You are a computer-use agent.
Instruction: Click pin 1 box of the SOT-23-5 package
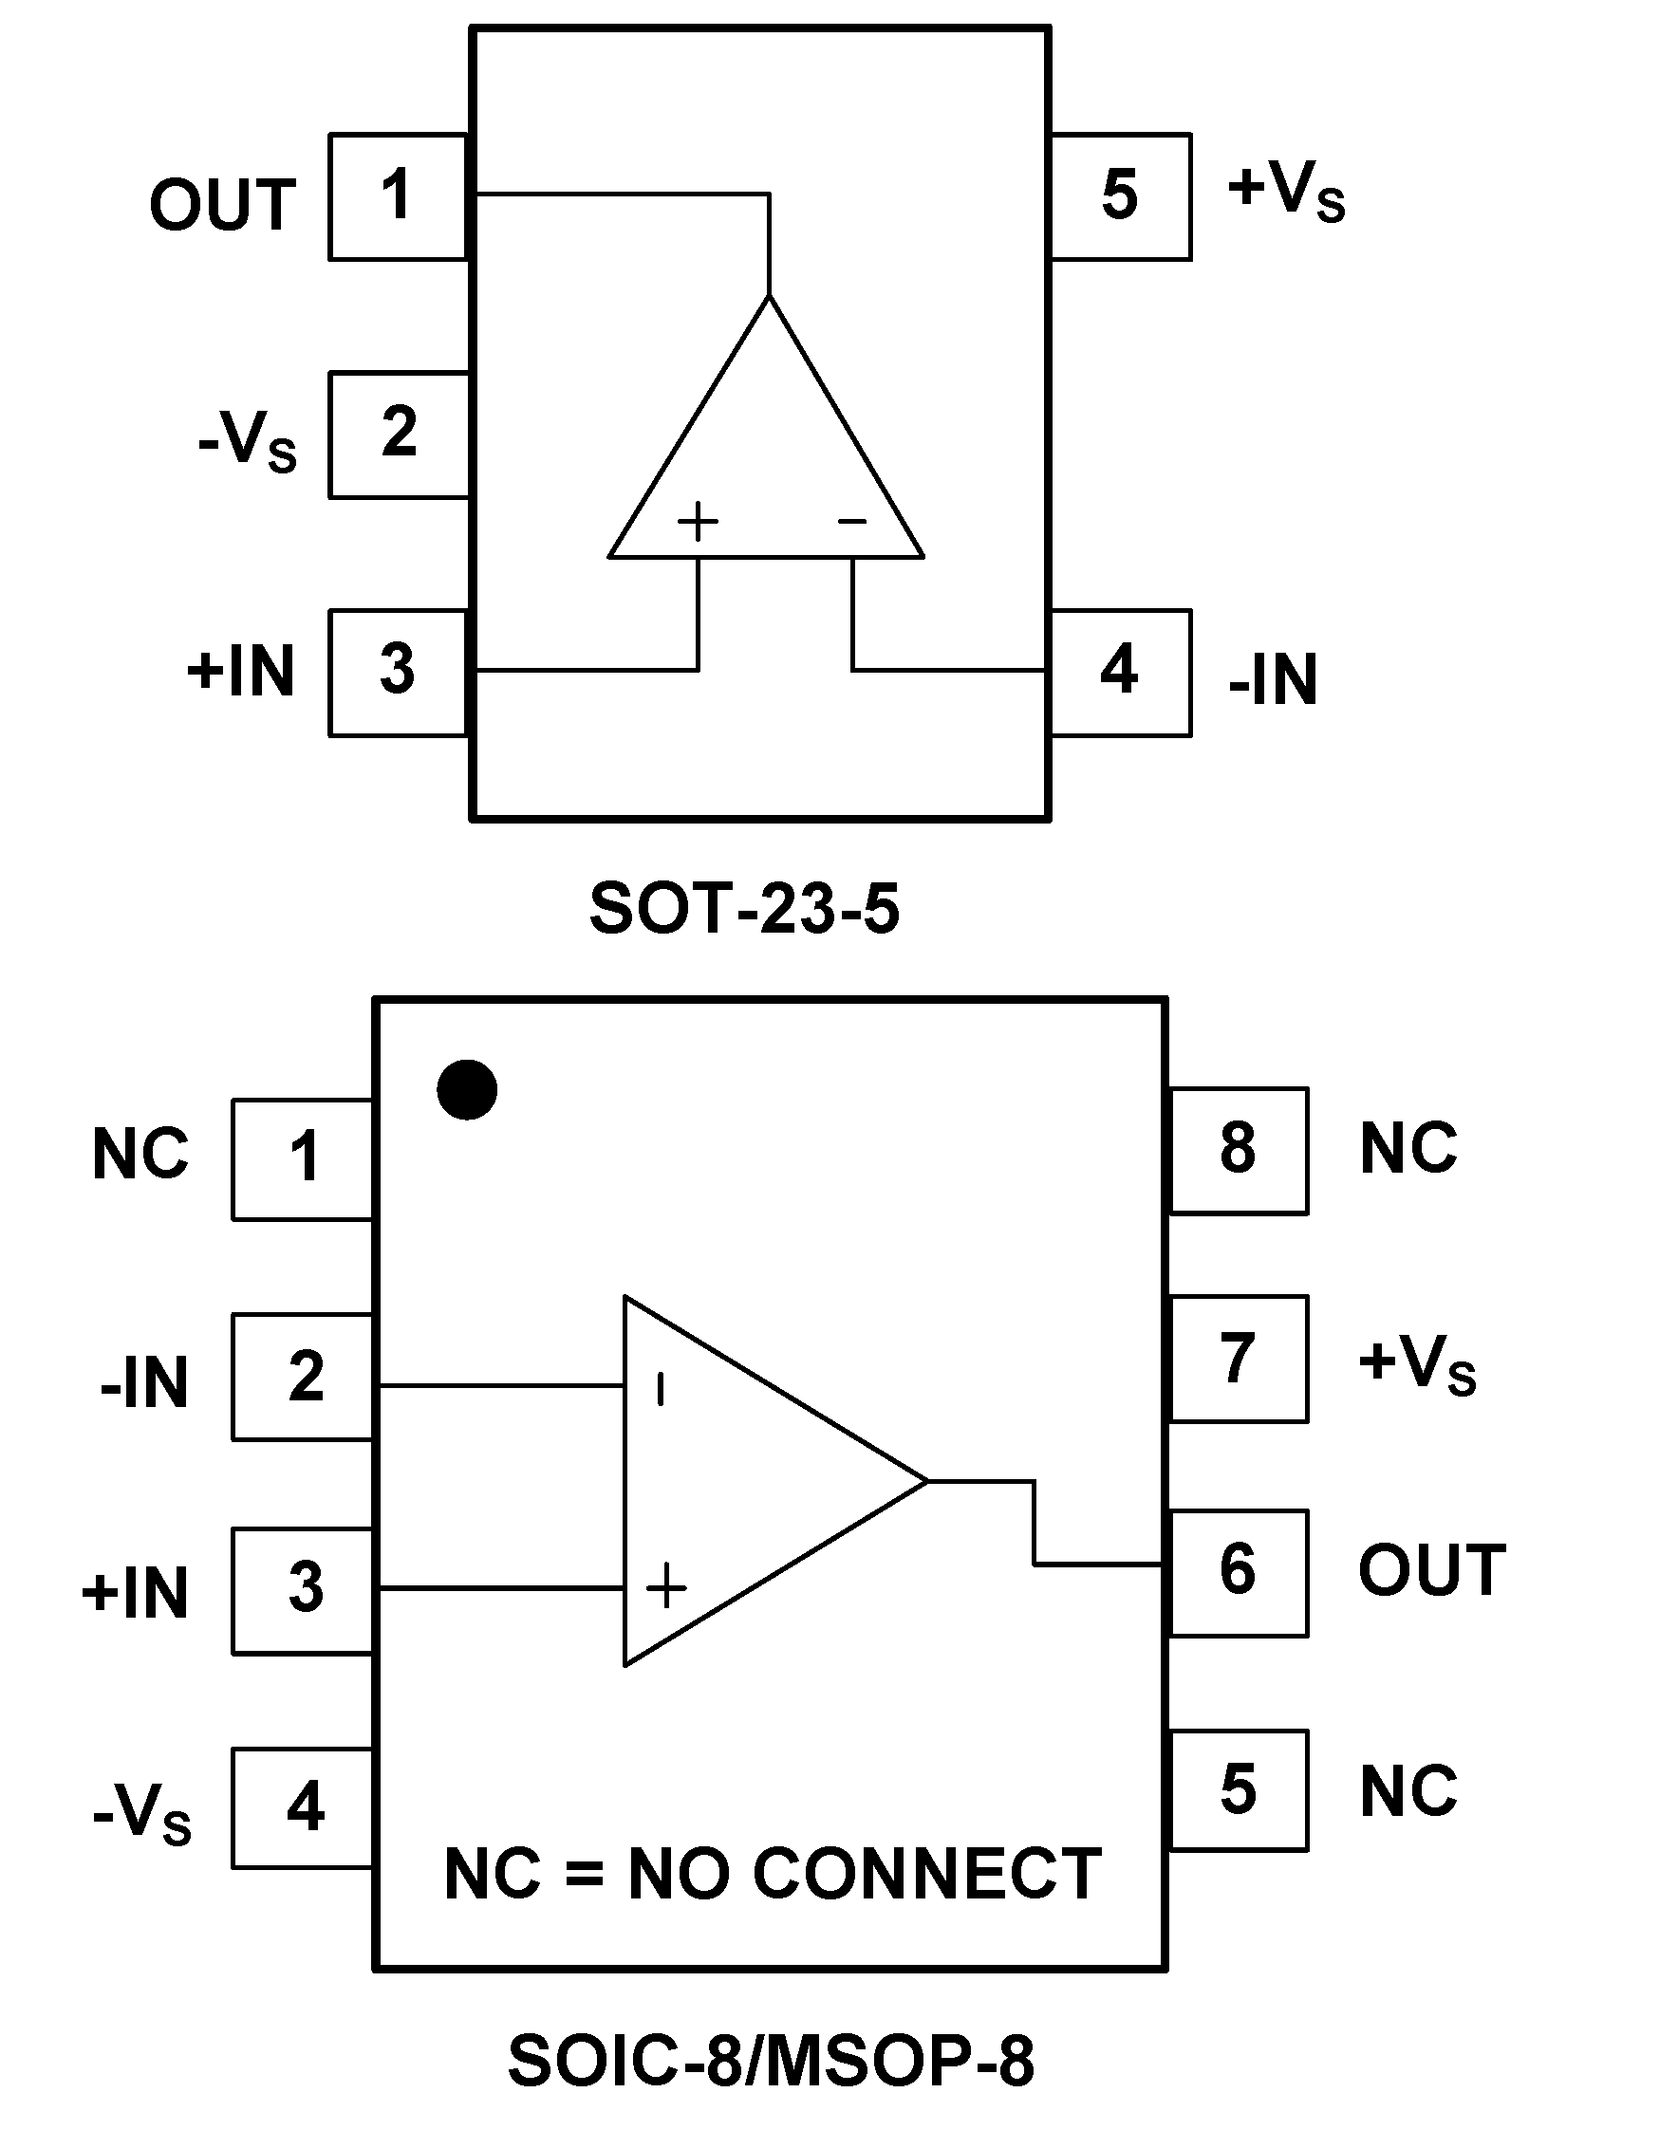click(398, 196)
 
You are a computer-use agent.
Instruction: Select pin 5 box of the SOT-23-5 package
click(1120, 196)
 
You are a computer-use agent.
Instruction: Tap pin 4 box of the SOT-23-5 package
click(1120, 673)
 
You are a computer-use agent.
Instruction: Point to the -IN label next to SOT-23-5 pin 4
click(1273, 680)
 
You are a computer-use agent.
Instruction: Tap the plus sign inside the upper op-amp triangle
click(699, 521)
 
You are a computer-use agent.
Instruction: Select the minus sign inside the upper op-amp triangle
click(851, 521)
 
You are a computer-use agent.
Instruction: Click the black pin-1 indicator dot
click(467, 1090)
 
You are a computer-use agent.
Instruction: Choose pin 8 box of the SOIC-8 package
click(1239, 1150)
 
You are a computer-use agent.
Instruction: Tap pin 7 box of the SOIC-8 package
click(1239, 1360)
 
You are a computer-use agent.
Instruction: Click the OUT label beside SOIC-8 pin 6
click(1432, 1570)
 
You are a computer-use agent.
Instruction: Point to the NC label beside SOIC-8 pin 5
click(1408, 1791)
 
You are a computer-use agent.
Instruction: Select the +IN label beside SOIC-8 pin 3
click(136, 1593)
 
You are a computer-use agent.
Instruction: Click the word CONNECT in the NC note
click(926, 1874)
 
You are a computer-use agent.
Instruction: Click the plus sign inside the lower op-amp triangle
click(666, 1586)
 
